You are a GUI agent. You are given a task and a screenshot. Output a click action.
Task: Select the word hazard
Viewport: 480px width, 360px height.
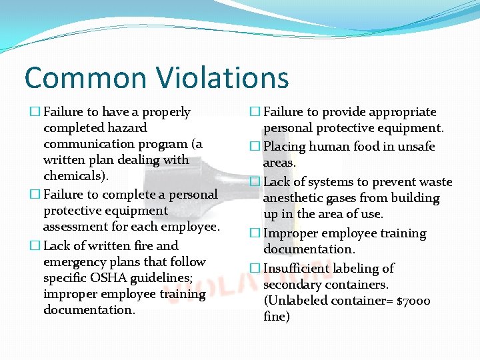pyautogui.click(x=126, y=128)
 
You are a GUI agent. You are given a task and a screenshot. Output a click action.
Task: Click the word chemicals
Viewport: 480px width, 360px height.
pyautogui.click(x=75, y=176)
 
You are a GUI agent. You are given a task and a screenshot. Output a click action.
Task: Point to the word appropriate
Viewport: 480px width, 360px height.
pyautogui.click(x=397, y=112)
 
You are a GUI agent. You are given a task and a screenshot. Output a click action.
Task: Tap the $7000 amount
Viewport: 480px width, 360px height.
pyautogui.click(x=413, y=301)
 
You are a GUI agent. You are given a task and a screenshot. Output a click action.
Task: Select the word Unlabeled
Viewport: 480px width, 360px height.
pyautogui.click(x=296, y=301)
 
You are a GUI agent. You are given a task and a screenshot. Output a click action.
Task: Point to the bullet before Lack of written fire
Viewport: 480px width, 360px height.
pyautogui.click(x=35, y=246)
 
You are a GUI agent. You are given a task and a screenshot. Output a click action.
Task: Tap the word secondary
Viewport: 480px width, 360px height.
pyautogui.click(x=292, y=285)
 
